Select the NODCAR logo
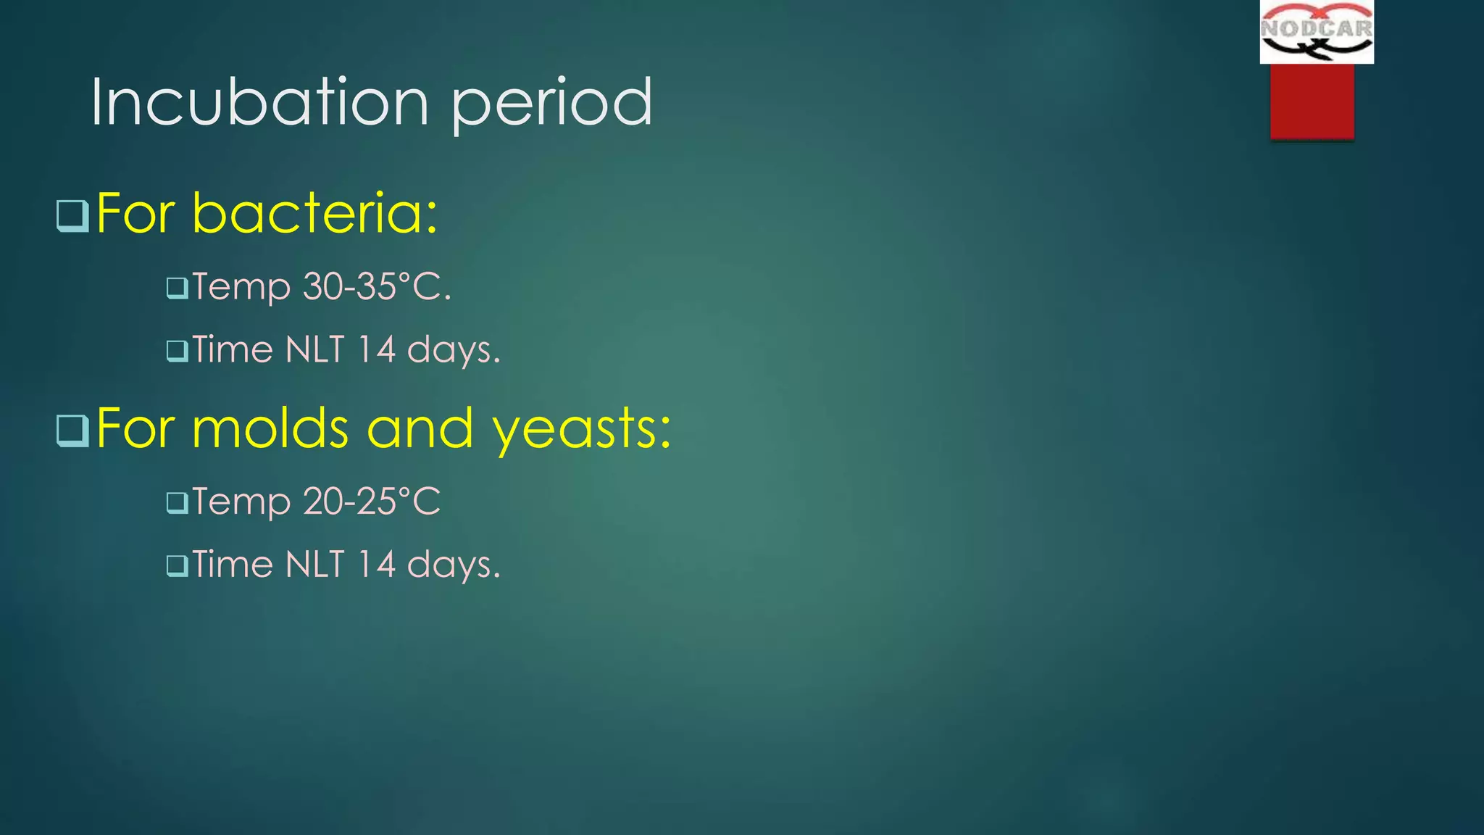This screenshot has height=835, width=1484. (1316, 32)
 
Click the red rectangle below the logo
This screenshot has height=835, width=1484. (1312, 101)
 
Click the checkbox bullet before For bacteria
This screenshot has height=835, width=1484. (72, 215)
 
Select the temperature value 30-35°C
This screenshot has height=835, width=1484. (377, 286)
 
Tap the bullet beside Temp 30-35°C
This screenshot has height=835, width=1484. (177, 288)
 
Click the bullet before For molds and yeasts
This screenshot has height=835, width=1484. (72, 431)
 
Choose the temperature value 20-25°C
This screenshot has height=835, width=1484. (372, 501)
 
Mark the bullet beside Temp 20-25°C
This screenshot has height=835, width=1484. (177, 502)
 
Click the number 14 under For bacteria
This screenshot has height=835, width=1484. (377, 349)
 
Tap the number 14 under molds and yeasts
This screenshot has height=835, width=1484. (377, 564)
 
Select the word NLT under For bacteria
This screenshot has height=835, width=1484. (315, 349)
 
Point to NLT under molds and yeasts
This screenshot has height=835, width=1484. (315, 564)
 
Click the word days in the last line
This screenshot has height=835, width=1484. (454, 565)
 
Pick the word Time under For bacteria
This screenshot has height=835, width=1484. (233, 349)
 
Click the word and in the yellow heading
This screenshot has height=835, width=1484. (420, 428)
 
